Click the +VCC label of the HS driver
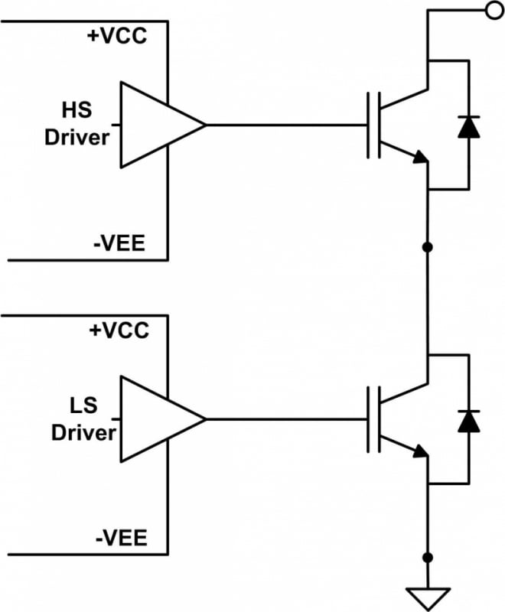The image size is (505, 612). (117, 35)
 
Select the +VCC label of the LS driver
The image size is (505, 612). (117, 330)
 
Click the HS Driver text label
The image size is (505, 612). (77, 124)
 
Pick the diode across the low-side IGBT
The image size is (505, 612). (467, 420)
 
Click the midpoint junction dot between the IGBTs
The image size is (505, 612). (428, 248)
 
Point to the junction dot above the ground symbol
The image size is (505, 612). (428, 557)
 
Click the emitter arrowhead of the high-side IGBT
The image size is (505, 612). (419, 158)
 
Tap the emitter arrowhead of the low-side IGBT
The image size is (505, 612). (419, 452)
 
